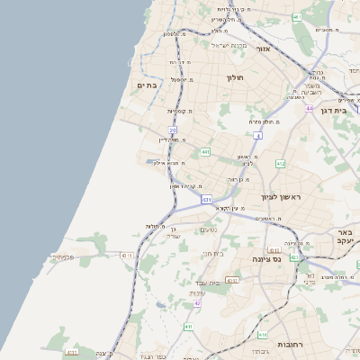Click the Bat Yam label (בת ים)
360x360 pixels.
tap(148, 85)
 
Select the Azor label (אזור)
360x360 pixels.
tap(264, 49)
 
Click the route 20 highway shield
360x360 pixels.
tap(173, 130)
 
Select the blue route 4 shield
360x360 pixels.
tap(257, 136)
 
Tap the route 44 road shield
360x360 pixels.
tap(309, 109)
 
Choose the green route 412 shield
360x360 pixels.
tap(281, 164)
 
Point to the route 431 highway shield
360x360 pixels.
tap(207, 199)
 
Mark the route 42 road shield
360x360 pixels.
tap(197, 303)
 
